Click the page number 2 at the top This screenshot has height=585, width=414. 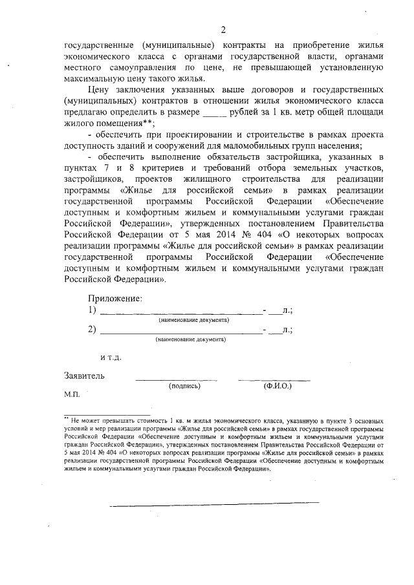point(223,30)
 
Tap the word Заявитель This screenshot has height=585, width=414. point(84,375)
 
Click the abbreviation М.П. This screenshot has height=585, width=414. point(71,393)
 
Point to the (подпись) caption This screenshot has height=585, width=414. point(184,386)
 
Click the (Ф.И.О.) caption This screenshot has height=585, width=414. point(277,386)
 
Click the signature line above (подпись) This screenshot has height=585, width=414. point(176,379)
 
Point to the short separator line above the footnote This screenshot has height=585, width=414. point(107,413)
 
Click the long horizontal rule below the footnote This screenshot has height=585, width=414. point(213,502)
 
